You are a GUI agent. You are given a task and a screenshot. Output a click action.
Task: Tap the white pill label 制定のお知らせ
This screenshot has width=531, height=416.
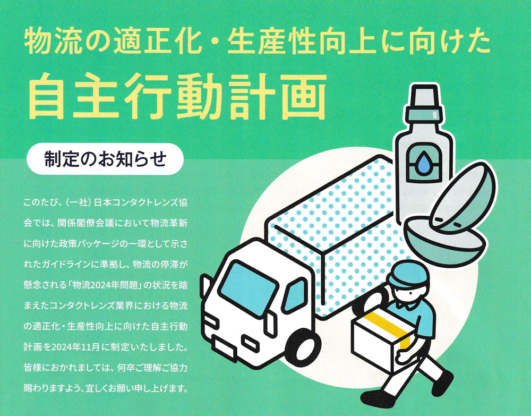pyautogui.click(x=105, y=159)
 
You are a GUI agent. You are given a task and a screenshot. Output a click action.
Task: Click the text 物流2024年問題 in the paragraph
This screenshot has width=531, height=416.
pyautogui.click(x=106, y=285)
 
